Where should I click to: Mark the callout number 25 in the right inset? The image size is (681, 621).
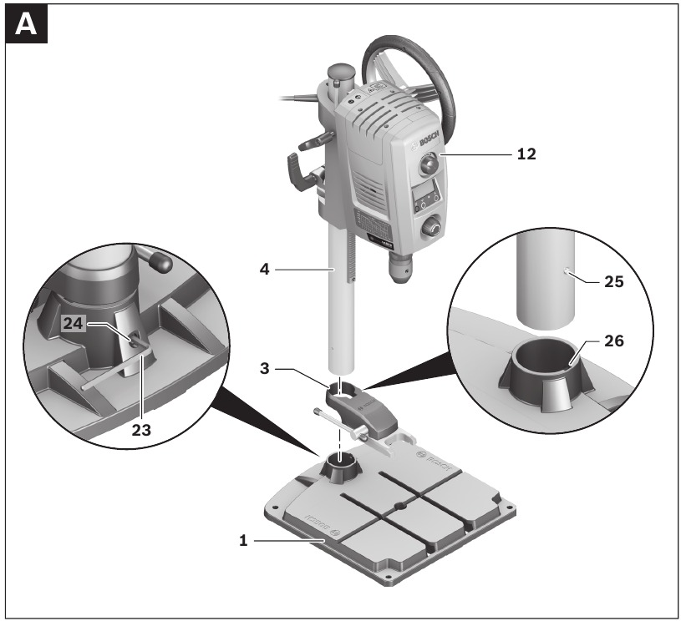614,282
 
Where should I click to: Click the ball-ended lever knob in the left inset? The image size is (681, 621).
160,262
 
